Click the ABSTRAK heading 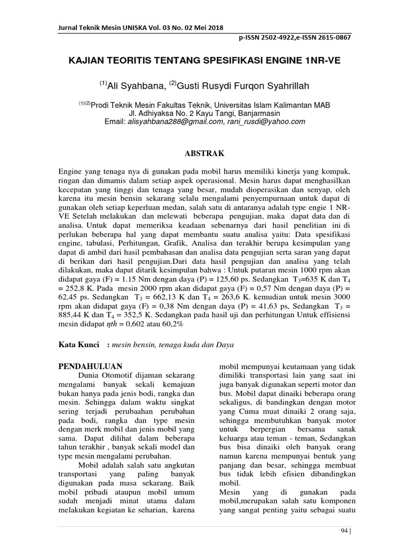(x=204, y=153)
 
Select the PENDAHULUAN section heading (x=90, y=366)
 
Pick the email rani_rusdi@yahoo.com (x=251, y=122)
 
